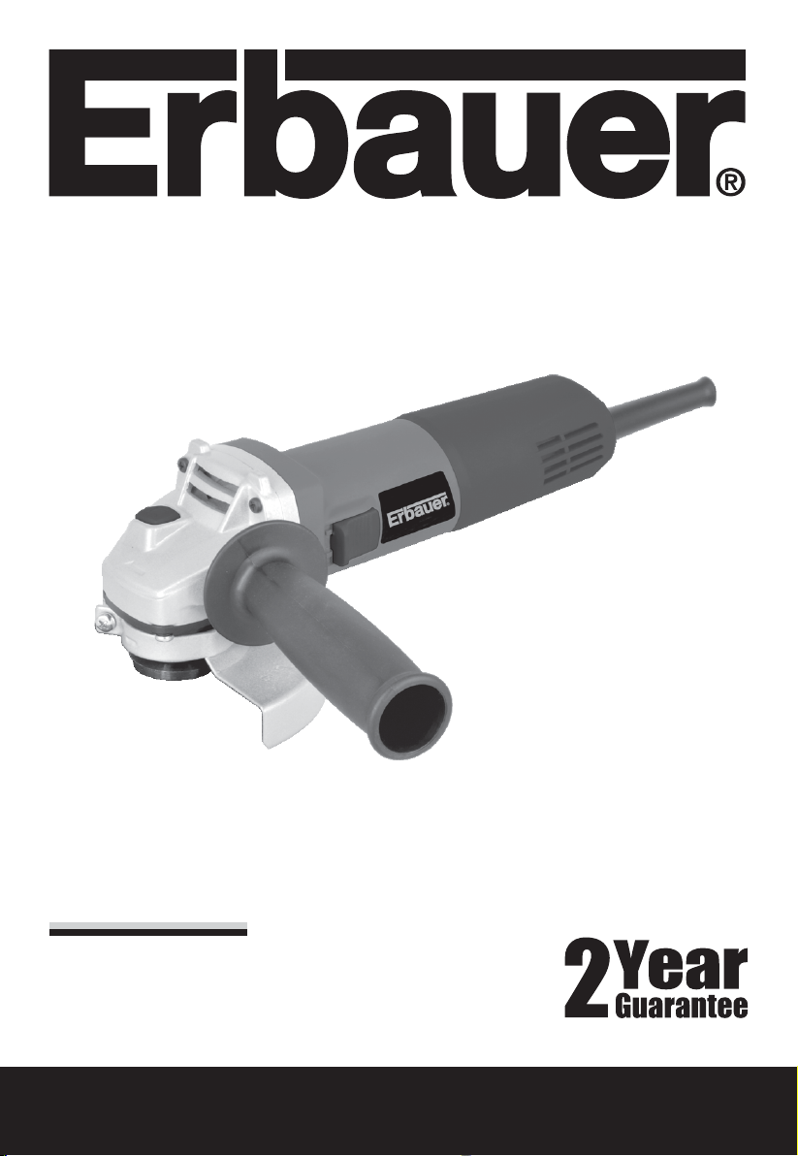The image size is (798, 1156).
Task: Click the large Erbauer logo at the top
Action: pos(398,123)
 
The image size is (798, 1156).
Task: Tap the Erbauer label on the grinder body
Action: pos(418,509)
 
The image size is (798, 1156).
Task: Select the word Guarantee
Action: pos(681,1006)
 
